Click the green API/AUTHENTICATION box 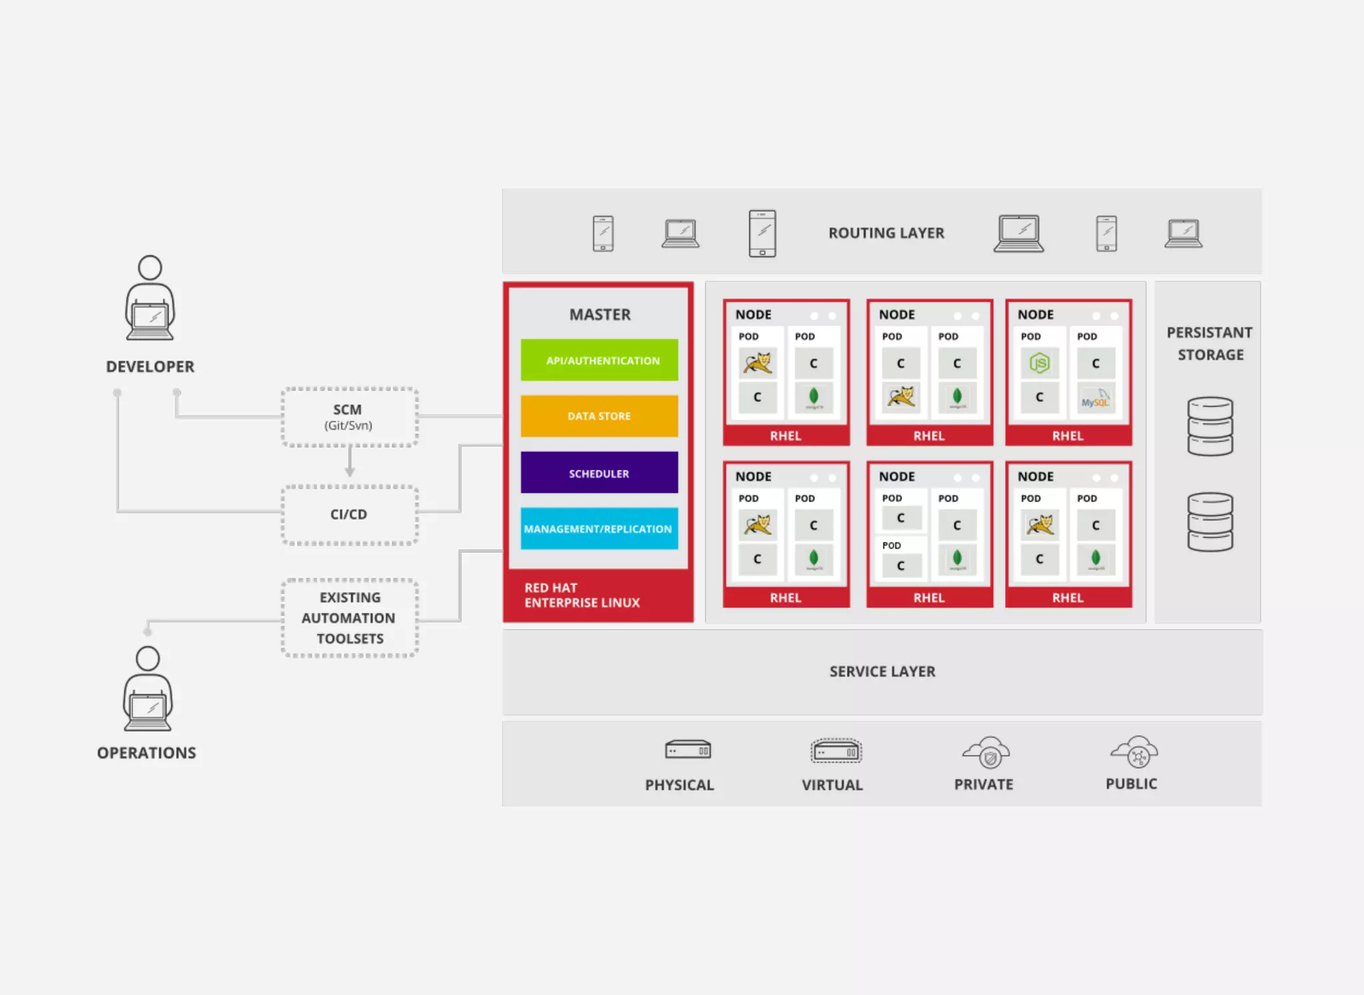point(599,360)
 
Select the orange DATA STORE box point(599,416)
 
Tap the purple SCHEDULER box point(599,473)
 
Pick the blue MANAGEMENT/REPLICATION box point(599,529)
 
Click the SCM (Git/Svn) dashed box point(350,417)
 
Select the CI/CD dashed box point(350,515)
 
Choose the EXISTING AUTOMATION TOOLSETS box point(350,618)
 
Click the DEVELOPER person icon point(151,299)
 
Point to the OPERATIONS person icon point(148,689)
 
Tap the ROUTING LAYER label point(886,233)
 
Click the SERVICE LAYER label point(882,671)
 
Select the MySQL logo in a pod point(1095,400)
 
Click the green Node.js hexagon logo point(1039,363)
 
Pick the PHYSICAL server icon point(687,751)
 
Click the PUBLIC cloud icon point(1135,753)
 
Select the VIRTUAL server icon point(836,751)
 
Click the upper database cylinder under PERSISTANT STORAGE point(1209,426)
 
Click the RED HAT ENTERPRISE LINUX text point(581,595)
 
